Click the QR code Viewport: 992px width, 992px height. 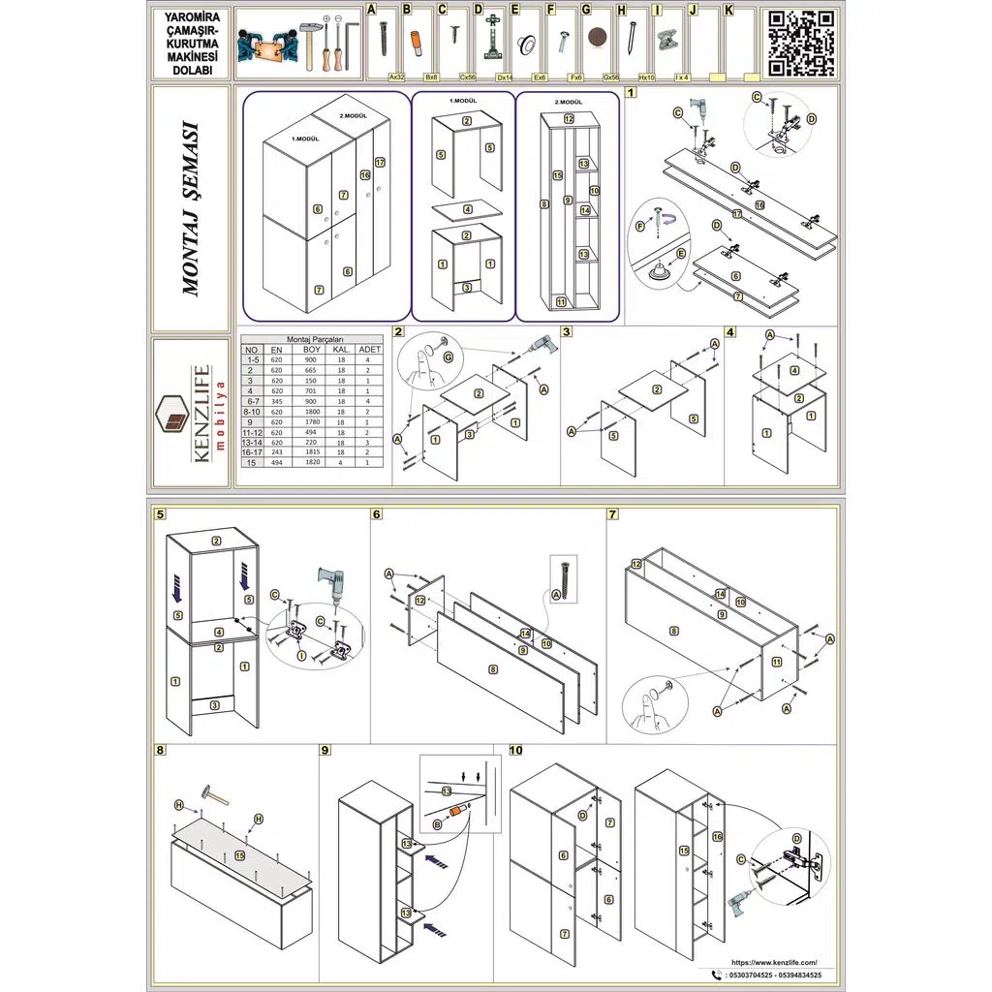pos(801,43)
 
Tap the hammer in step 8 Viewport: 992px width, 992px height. pos(215,796)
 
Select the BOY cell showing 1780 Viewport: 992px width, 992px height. pos(312,422)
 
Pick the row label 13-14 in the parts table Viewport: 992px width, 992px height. pos(252,443)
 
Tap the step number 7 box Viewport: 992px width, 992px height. pos(613,514)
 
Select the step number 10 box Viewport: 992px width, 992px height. pos(514,750)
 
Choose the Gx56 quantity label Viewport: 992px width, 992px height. pos(611,77)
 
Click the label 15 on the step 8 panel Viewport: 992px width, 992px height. pos(240,855)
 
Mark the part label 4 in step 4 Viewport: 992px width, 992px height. pos(794,370)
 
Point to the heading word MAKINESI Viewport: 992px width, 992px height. pos(191,57)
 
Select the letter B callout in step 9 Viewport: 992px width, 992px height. pos(437,824)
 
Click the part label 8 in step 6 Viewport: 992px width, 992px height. pos(494,668)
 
